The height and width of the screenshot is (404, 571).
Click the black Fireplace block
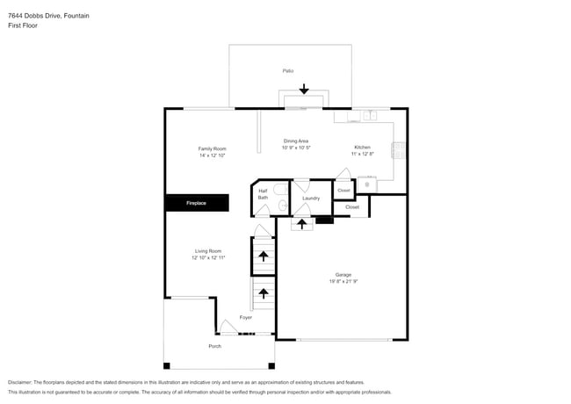click(x=197, y=203)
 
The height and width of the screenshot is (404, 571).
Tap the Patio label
click(x=287, y=70)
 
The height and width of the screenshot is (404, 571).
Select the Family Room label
click(x=212, y=148)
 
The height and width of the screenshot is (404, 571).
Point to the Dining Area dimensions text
click(x=296, y=148)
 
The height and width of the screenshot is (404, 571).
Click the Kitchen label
click(x=362, y=147)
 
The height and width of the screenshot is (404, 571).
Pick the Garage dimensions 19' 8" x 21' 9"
click(x=343, y=281)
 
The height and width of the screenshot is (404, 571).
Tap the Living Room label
click(x=208, y=251)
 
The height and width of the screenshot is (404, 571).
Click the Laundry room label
click(x=311, y=198)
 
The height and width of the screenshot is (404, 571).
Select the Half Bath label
click(x=263, y=194)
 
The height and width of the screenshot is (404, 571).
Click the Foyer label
click(x=246, y=317)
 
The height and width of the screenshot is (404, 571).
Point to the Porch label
click(x=215, y=346)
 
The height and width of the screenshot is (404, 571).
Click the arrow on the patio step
click(x=304, y=89)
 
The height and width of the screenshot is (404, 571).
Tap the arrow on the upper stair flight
click(x=264, y=256)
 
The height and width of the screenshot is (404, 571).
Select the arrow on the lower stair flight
click(x=264, y=293)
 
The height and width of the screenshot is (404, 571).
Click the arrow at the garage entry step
click(x=301, y=224)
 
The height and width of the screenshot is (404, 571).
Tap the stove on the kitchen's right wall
click(x=398, y=150)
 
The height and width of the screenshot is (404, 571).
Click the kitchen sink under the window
click(x=371, y=115)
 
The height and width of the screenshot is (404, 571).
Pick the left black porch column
click(x=166, y=365)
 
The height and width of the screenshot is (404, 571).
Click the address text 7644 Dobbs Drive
click(x=35, y=16)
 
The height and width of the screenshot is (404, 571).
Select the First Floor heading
click(x=23, y=25)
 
